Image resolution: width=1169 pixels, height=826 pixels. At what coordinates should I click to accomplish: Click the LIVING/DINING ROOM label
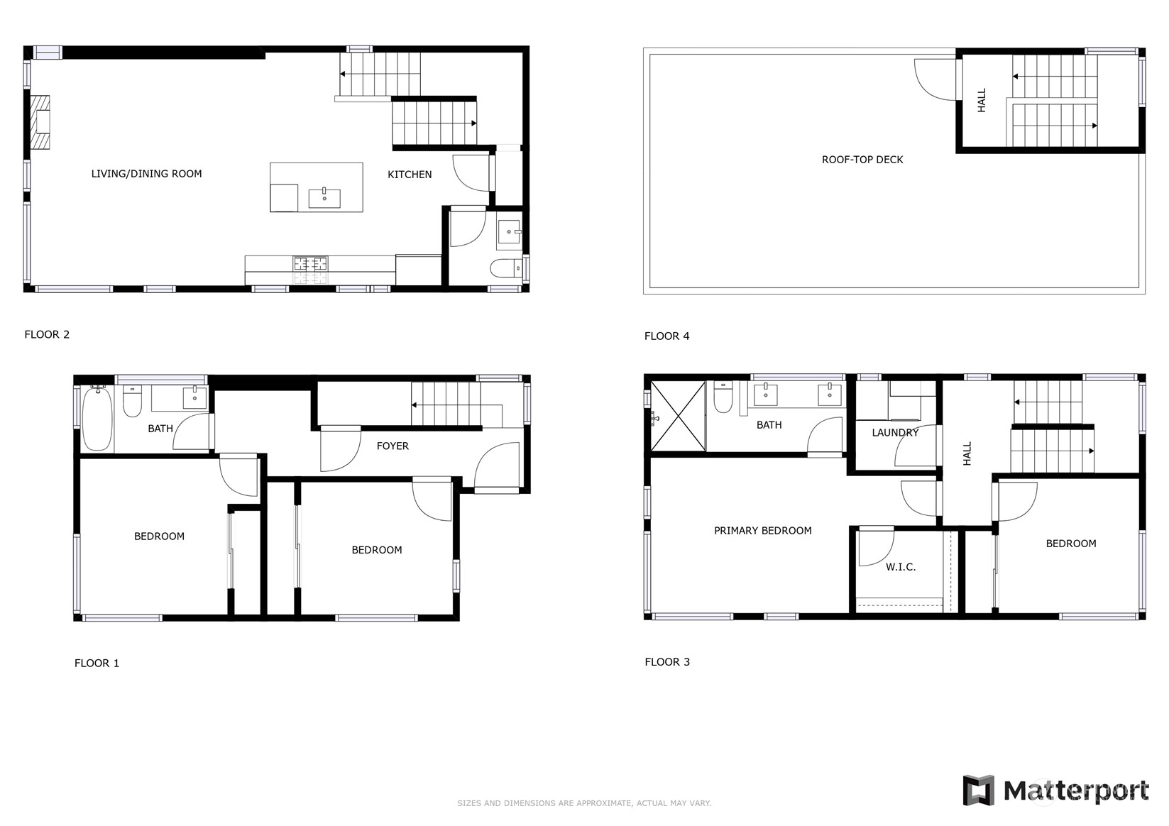[x=146, y=174]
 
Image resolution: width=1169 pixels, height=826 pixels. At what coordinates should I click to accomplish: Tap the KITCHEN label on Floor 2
[x=410, y=175]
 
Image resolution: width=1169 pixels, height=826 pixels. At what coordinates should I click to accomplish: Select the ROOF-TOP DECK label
[x=862, y=160]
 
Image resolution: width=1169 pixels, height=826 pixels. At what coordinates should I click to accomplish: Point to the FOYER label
[x=393, y=446]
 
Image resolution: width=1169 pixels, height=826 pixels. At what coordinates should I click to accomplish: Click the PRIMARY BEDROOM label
[x=762, y=531]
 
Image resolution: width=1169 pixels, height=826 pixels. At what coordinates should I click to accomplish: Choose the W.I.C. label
[x=901, y=567]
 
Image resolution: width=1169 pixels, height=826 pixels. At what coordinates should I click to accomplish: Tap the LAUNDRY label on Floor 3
[x=895, y=433]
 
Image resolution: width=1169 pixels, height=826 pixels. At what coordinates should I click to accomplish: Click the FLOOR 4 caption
[x=666, y=336]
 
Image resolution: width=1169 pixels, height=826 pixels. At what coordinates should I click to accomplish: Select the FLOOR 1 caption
[x=97, y=663]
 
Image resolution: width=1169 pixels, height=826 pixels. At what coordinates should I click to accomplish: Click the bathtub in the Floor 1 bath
[x=97, y=419]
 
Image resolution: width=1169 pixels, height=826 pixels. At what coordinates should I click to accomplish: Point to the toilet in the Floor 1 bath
[x=133, y=401]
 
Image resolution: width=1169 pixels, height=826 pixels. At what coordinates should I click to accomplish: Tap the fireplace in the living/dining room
[x=41, y=122]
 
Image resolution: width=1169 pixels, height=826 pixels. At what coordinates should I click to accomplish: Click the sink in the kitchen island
[x=324, y=198]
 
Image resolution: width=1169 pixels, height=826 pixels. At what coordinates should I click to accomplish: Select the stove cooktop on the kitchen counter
[x=310, y=264]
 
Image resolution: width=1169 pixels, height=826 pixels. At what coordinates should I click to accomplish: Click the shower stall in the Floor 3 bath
[x=678, y=417]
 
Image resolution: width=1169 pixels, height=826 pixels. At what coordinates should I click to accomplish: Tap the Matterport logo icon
[x=978, y=791]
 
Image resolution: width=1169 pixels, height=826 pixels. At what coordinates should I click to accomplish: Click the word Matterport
[x=1076, y=791]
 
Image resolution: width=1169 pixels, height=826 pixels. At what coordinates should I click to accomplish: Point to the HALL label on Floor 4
[x=982, y=100]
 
